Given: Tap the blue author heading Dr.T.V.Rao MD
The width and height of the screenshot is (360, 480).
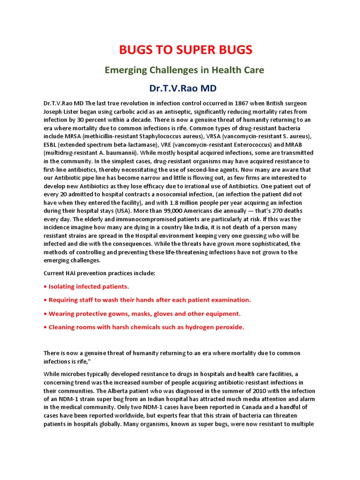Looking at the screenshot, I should click(x=180, y=88).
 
